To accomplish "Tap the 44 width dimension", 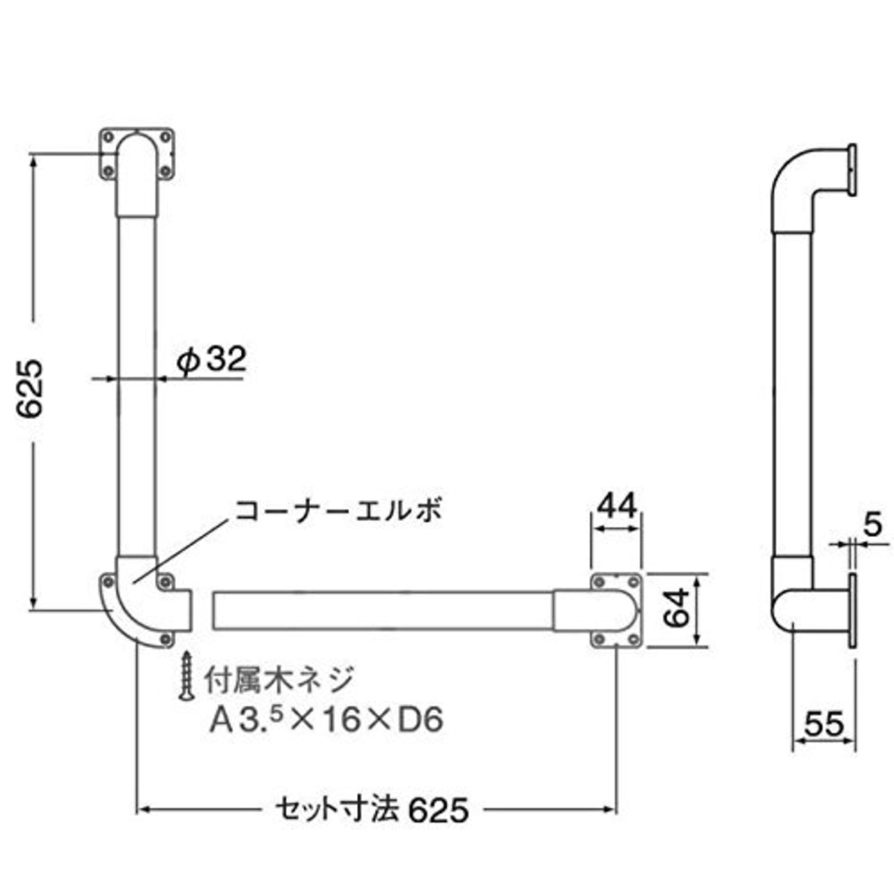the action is (x=616, y=506).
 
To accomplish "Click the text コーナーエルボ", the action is (x=338, y=511).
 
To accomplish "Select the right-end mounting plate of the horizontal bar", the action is (x=616, y=610).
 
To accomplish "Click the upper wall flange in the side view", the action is (x=853, y=170).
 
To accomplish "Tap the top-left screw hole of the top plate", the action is (x=108, y=138).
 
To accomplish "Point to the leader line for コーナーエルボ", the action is (x=181, y=551).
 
